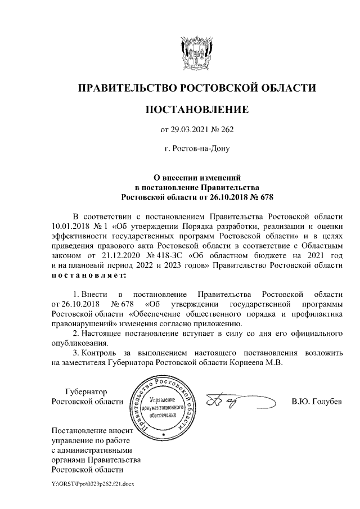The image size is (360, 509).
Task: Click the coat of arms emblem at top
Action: (196, 50)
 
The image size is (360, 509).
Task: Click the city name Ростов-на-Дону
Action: (197, 149)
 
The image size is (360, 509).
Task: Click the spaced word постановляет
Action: (88, 276)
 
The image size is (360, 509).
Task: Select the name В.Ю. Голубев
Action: (316, 402)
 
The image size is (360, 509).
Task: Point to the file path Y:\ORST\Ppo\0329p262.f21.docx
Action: (92, 483)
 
